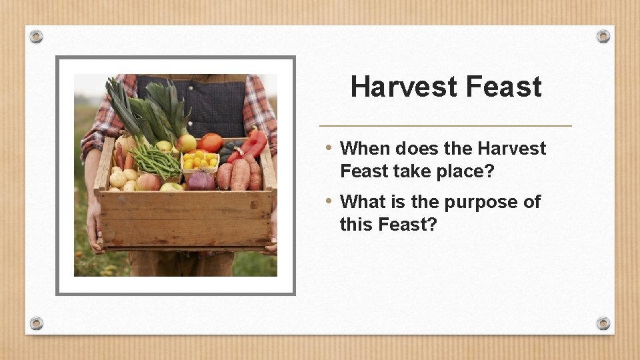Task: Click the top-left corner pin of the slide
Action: pos(37,36)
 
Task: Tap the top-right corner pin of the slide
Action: pos(603,36)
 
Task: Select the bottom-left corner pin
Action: pos(37,323)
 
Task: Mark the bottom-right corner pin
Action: pos(603,323)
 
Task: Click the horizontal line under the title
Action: pos(445,125)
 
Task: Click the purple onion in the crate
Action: pos(200,180)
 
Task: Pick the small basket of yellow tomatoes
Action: pos(200,160)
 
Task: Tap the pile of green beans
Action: pos(155,160)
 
